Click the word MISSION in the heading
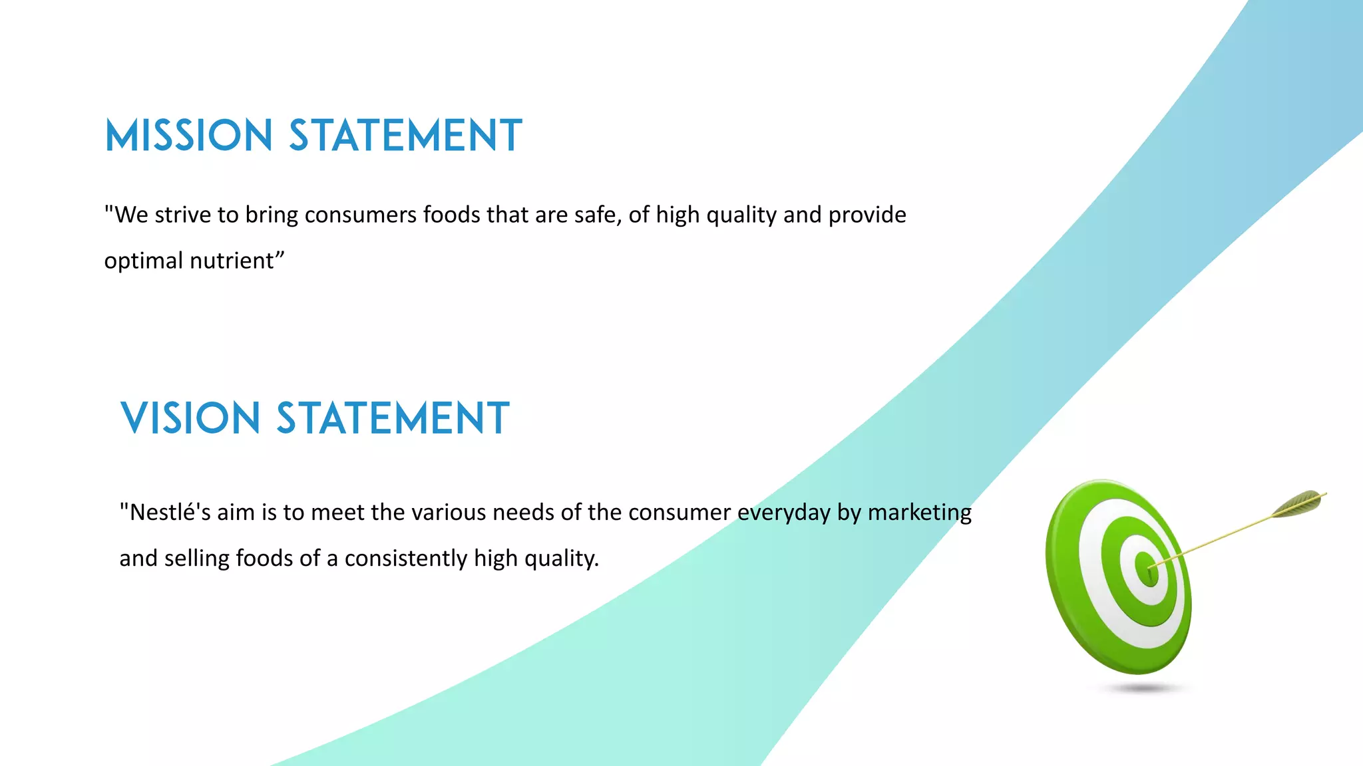[x=188, y=136]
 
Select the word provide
[x=867, y=215]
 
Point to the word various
[x=446, y=512]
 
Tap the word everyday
[x=784, y=512]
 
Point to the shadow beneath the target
[x=1142, y=689]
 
